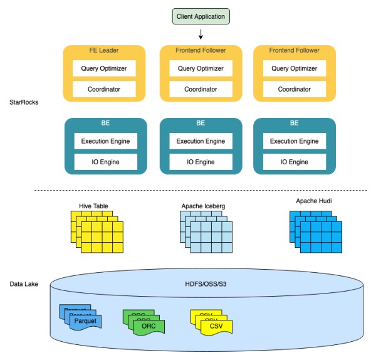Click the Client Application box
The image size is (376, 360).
pos(201,15)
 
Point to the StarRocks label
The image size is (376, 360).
pos(24,102)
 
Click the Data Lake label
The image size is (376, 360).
pos(24,284)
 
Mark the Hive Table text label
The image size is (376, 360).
pos(94,205)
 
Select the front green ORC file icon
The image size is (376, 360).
pos(148,326)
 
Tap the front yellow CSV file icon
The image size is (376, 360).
pos(216,326)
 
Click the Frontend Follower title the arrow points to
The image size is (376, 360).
pos(201,51)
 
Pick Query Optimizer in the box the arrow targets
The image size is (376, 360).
pos(201,68)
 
